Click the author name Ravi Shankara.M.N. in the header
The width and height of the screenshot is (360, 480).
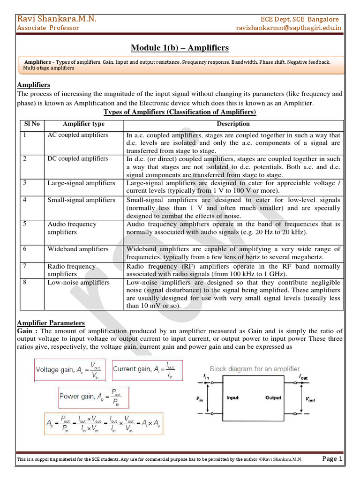[x=57, y=19]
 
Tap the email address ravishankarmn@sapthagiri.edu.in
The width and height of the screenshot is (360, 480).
[x=288, y=28]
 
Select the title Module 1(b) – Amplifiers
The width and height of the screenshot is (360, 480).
[x=180, y=48]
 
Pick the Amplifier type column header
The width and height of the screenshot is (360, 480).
[x=83, y=124]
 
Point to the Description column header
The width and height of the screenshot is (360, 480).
[x=233, y=124]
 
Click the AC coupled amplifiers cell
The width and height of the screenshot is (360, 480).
[x=77, y=135]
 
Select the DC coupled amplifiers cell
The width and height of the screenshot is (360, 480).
[x=77, y=159]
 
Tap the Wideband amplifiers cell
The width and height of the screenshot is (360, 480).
[x=78, y=249]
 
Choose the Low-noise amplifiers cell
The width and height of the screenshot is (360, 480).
[x=78, y=283]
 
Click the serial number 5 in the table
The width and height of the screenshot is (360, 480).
[x=25, y=224]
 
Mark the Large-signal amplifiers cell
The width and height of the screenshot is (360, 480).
[x=81, y=183]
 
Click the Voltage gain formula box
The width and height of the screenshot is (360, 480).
[x=70, y=370]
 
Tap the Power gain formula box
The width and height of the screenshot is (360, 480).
[x=93, y=397]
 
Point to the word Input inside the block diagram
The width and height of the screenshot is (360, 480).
[x=232, y=398]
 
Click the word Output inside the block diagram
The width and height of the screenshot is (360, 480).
[x=273, y=398]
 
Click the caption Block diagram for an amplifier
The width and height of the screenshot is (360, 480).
[x=255, y=369]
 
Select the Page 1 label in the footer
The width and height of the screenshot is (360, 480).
[x=332, y=458]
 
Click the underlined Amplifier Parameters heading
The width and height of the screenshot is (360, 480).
[x=51, y=323]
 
